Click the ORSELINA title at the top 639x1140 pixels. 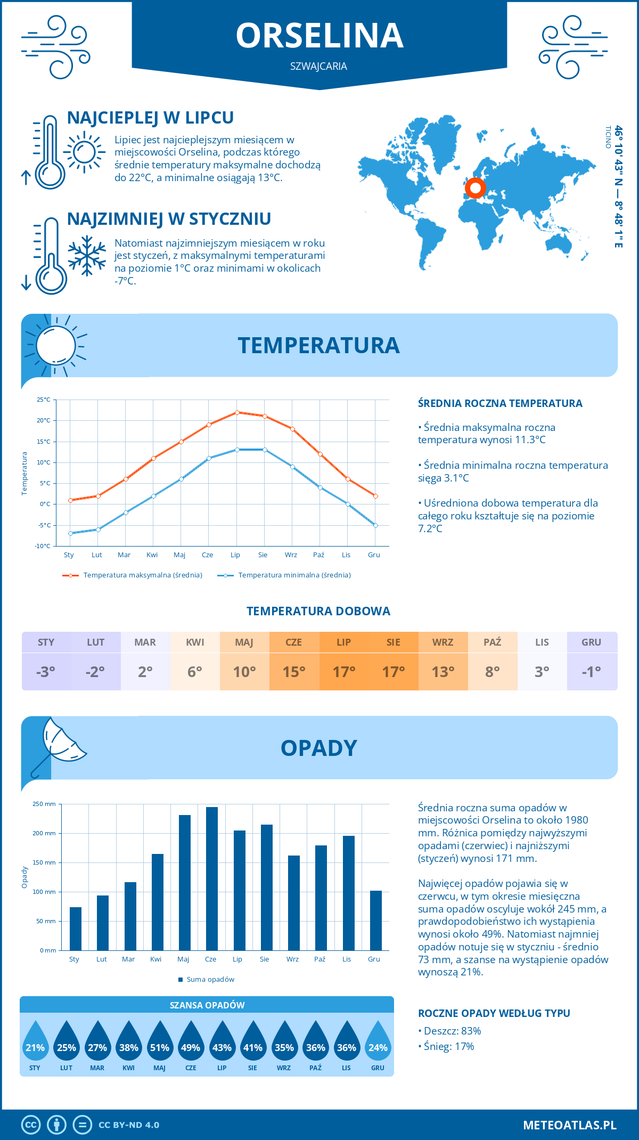319,35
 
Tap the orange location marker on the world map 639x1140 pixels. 475,188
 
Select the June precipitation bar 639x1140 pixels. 211,878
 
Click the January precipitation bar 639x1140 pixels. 76,929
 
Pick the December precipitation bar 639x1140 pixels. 375,920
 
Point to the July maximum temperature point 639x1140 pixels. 237,412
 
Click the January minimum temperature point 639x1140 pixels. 70,533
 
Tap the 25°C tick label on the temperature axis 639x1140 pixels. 44,400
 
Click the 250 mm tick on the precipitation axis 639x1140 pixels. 44,804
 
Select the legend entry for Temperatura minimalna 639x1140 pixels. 285,575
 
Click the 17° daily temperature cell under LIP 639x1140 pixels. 344,672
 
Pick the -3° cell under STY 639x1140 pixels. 46,672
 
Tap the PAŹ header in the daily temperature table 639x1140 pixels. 493,642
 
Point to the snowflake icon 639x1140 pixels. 87,256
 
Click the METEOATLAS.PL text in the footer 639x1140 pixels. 570,1125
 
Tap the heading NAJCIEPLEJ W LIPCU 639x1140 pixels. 151,118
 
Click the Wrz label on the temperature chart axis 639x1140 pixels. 291,555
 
